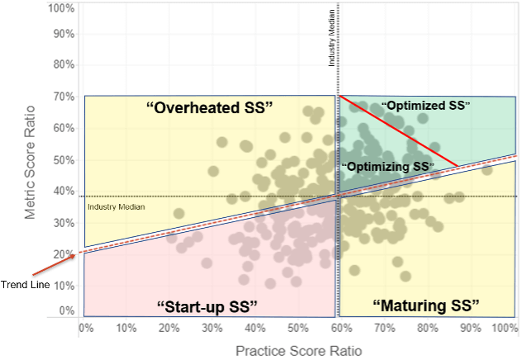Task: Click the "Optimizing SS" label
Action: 388,167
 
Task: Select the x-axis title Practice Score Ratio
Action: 298,350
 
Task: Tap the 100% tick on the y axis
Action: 62,9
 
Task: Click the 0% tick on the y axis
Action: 68,311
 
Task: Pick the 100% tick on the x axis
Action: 504,328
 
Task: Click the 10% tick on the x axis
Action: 126,328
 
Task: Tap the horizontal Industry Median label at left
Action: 116,206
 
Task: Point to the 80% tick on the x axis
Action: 427,328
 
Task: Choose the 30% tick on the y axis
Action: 64,223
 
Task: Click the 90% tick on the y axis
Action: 64,36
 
